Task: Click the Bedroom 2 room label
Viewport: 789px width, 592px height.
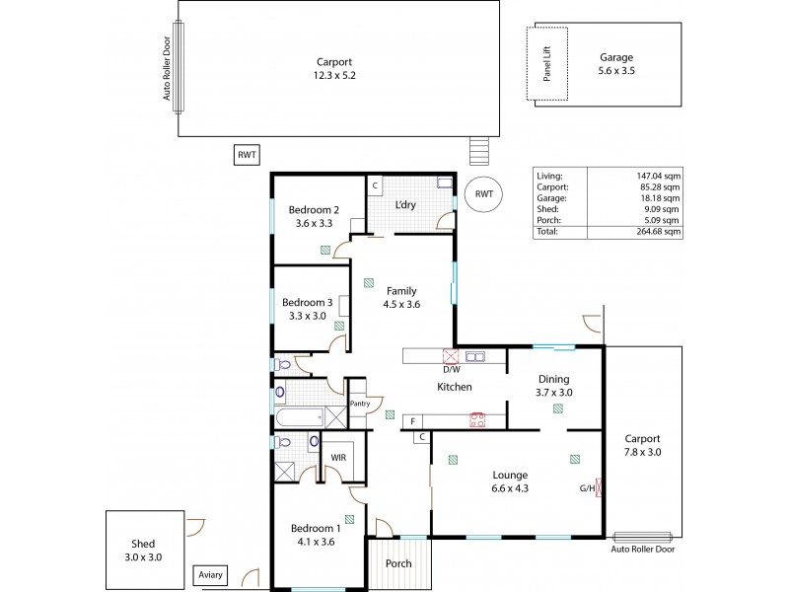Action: pyautogui.click(x=314, y=209)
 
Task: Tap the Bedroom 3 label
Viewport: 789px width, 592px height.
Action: pyautogui.click(x=308, y=302)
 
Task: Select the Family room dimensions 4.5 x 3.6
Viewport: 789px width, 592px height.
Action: pyautogui.click(x=400, y=305)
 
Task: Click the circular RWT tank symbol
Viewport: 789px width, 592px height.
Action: pyautogui.click(x=483, y=194)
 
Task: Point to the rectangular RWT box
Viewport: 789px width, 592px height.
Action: pyautogui.click(x=245, y=155)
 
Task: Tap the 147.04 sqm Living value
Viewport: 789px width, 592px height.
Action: pyautogui.click(x=658, y=174)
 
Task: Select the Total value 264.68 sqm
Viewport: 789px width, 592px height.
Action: pyautogui.click(x=658, y=231)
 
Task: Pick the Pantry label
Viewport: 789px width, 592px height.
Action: pyautogui.click(x=358, y=403)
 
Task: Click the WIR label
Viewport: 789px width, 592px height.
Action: pyautogui.click(x=337, y=457)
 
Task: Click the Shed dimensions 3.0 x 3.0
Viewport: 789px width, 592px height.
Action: pyautogui.click(x=142, y=557)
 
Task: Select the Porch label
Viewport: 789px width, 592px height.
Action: pyautogui.click(x=399, y=564)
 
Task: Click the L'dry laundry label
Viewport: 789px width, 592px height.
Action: pyautogui.click(x=405, y=204)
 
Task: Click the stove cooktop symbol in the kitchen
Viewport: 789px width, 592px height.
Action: pyautogui.click(x=477, y=418)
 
